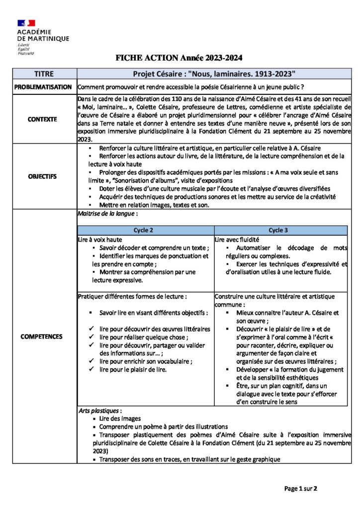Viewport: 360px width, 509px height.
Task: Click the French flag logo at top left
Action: click(26, 23)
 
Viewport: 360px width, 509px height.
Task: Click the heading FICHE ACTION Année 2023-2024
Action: click(179, 58)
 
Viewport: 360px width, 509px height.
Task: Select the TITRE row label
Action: click(44, 74)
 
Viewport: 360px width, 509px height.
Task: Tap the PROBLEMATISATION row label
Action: click(43, 87)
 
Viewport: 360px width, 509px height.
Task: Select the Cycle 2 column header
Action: click(145, 231)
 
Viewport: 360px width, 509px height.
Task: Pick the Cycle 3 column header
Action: click(281, 231)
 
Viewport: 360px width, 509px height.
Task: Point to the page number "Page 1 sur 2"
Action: click(300, 489)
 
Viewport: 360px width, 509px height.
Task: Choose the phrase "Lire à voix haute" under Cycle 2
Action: click(100, 240)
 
